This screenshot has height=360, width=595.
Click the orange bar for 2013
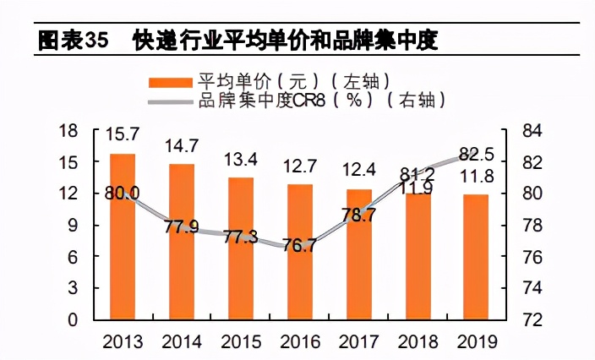123,237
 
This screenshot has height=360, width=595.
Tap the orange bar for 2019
478,257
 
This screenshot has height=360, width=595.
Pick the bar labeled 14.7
182,242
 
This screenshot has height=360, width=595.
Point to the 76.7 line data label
300,245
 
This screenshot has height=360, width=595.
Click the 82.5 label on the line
477,155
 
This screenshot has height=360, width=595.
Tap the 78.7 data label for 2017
359,215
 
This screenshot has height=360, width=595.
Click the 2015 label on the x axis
241,341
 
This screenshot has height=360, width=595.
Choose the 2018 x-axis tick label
418,341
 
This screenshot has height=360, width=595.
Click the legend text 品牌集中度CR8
259,101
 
